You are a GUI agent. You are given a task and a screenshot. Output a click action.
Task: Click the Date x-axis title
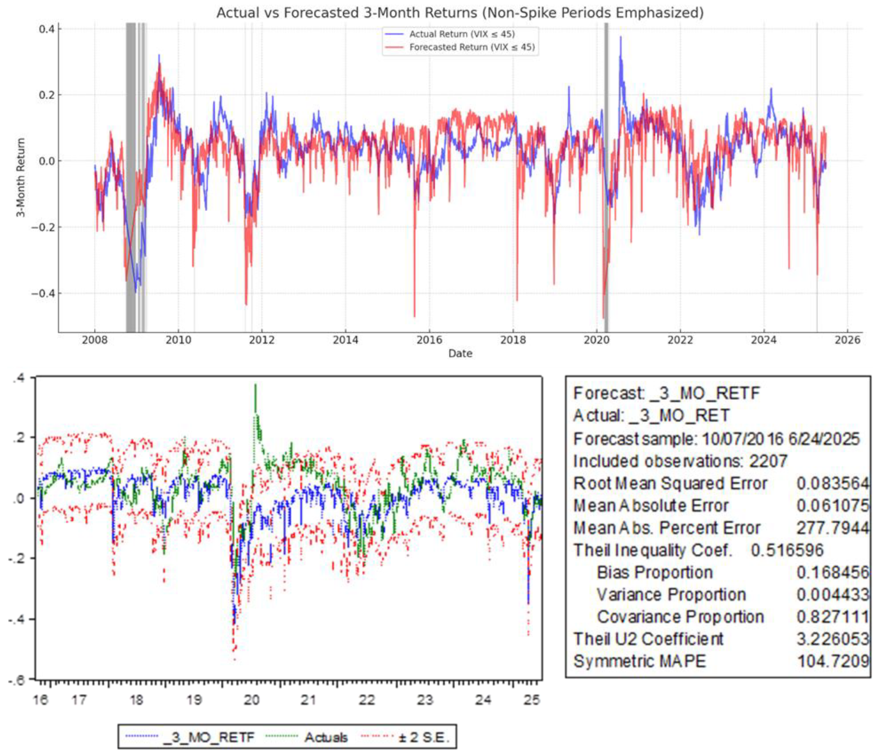click(x=460, y=353)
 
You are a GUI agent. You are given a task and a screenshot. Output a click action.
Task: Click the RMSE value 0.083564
click(x=832, y=483)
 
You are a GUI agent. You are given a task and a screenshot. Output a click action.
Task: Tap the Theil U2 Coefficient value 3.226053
click(x=832, y=639)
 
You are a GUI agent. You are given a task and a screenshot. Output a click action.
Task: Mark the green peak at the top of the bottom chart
click(x=255, y=385)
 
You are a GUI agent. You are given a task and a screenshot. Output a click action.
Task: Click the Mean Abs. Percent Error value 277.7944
click(x=832, y=528)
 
